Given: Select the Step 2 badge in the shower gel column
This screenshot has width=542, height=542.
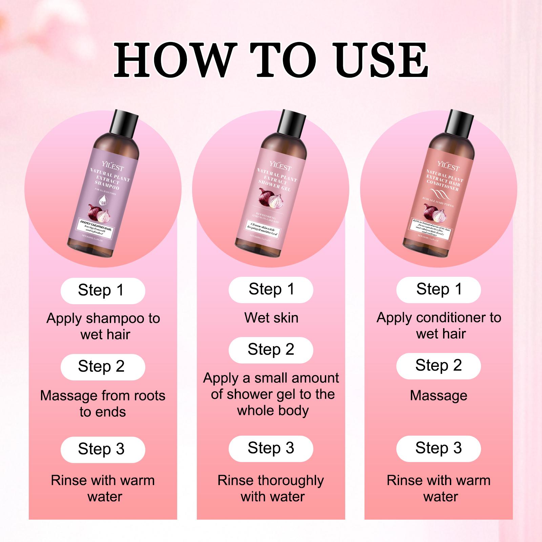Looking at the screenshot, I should (271, 350).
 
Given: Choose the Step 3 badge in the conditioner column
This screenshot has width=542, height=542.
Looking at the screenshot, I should (438, 449).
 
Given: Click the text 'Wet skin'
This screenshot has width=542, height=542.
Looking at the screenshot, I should (271, 318).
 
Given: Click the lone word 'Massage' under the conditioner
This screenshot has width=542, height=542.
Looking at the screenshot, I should (438, 396).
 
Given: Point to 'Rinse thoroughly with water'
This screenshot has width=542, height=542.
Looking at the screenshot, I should (271, 488).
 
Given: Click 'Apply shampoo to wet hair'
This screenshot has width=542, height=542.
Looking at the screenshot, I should (103, 326).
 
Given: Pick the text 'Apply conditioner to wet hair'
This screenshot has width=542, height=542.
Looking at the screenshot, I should (439, 326).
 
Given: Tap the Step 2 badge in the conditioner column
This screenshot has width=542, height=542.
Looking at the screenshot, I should (438, 366).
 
